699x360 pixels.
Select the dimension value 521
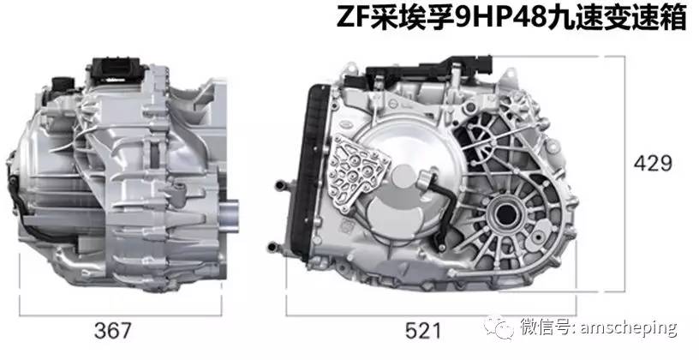click(423, 330)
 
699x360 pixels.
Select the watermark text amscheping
click(629, 327)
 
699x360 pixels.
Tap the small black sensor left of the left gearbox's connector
click(61, 86)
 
